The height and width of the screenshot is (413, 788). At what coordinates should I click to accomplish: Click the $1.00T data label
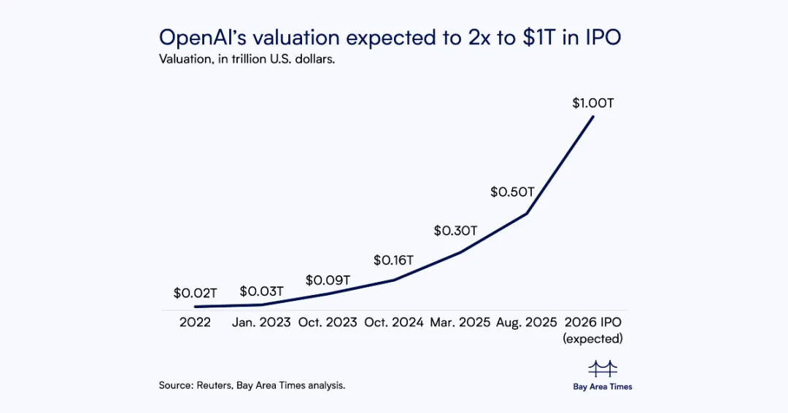pos(593,103)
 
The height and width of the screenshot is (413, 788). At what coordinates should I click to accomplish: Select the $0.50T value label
pos(512,192)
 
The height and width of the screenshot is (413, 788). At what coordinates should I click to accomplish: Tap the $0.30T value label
pos(455,231)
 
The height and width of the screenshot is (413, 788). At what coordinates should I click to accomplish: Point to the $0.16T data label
pos(393,261)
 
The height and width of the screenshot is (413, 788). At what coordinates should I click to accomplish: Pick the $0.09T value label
pos(328,280)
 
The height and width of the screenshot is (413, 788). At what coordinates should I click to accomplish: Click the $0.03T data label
pos(261,291)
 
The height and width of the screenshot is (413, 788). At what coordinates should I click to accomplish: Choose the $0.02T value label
pos(195,293)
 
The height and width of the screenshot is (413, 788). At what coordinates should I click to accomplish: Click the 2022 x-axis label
pos(195,322)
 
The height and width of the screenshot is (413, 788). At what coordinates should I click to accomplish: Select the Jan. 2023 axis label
pos(261,322)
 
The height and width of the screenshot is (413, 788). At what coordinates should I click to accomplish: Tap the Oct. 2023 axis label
pos(328,322)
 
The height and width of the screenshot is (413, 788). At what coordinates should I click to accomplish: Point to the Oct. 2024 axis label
pos(394,322)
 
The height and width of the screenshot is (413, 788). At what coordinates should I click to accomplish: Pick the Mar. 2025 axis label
pos(460,322)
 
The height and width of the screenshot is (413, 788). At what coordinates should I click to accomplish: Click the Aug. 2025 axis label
pos(527,322)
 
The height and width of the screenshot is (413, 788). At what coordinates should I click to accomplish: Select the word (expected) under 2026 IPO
pos(593,339)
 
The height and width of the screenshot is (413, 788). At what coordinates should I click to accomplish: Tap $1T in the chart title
pos(539,38)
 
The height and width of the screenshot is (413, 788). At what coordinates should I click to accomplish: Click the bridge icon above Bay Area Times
pos(603,369)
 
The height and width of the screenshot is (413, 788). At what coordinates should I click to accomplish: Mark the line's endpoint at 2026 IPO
pos(593,117)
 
